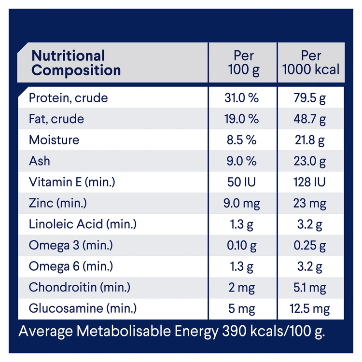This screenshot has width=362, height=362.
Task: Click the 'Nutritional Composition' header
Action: point(75,63)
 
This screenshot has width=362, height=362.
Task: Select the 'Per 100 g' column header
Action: point(243,63)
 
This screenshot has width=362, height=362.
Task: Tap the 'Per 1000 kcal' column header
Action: point(311,63)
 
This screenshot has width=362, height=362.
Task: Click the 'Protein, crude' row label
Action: point(68,98)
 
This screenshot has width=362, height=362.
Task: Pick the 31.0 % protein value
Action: point(242,98)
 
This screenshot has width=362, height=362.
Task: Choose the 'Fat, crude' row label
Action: point(56,119)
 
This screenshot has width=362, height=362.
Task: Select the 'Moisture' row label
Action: point(54,140)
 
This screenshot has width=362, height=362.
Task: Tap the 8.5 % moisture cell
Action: point(242,140)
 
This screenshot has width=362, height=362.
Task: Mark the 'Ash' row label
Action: point(39,161)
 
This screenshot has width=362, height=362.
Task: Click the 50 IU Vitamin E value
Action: point(242,182)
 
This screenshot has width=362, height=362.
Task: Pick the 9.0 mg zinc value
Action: point(242,203)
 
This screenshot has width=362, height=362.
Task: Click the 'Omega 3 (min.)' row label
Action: point(71,245)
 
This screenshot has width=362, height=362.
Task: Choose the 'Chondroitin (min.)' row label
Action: point(79,287)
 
